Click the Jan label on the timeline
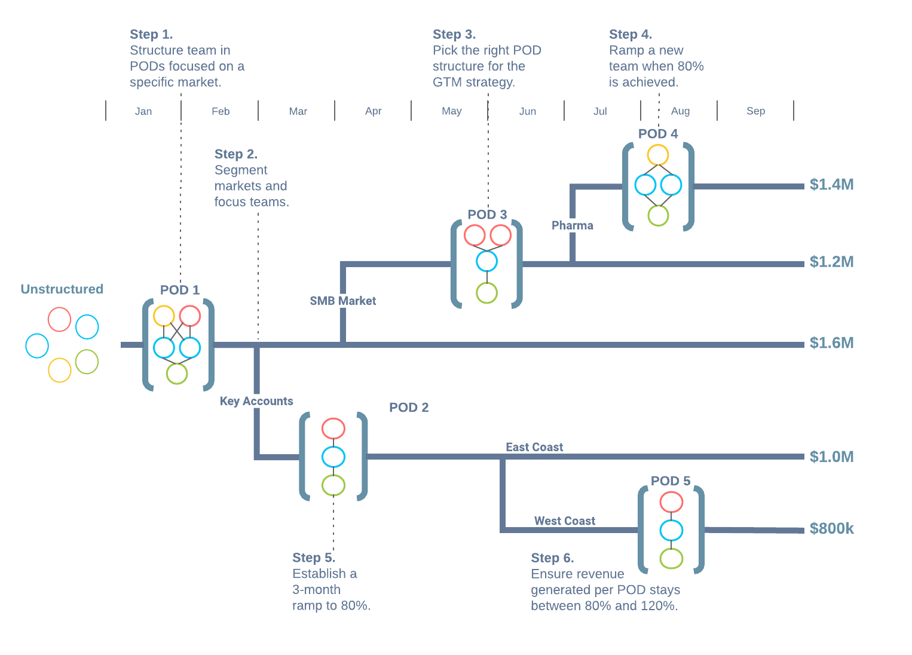143,111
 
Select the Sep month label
755,111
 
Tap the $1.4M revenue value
831,185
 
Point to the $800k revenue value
831,529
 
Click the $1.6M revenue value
831,343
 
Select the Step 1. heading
151,35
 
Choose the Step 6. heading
552,558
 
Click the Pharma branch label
572,225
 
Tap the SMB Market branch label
342,301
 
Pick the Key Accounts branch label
256,401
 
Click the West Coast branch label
564,521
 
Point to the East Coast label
534,447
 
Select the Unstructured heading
62,289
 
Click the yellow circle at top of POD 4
657,155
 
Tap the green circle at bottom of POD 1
177,374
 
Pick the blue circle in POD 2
333,457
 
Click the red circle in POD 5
671,502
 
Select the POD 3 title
487,215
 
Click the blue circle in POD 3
486,261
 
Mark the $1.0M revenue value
831,457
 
